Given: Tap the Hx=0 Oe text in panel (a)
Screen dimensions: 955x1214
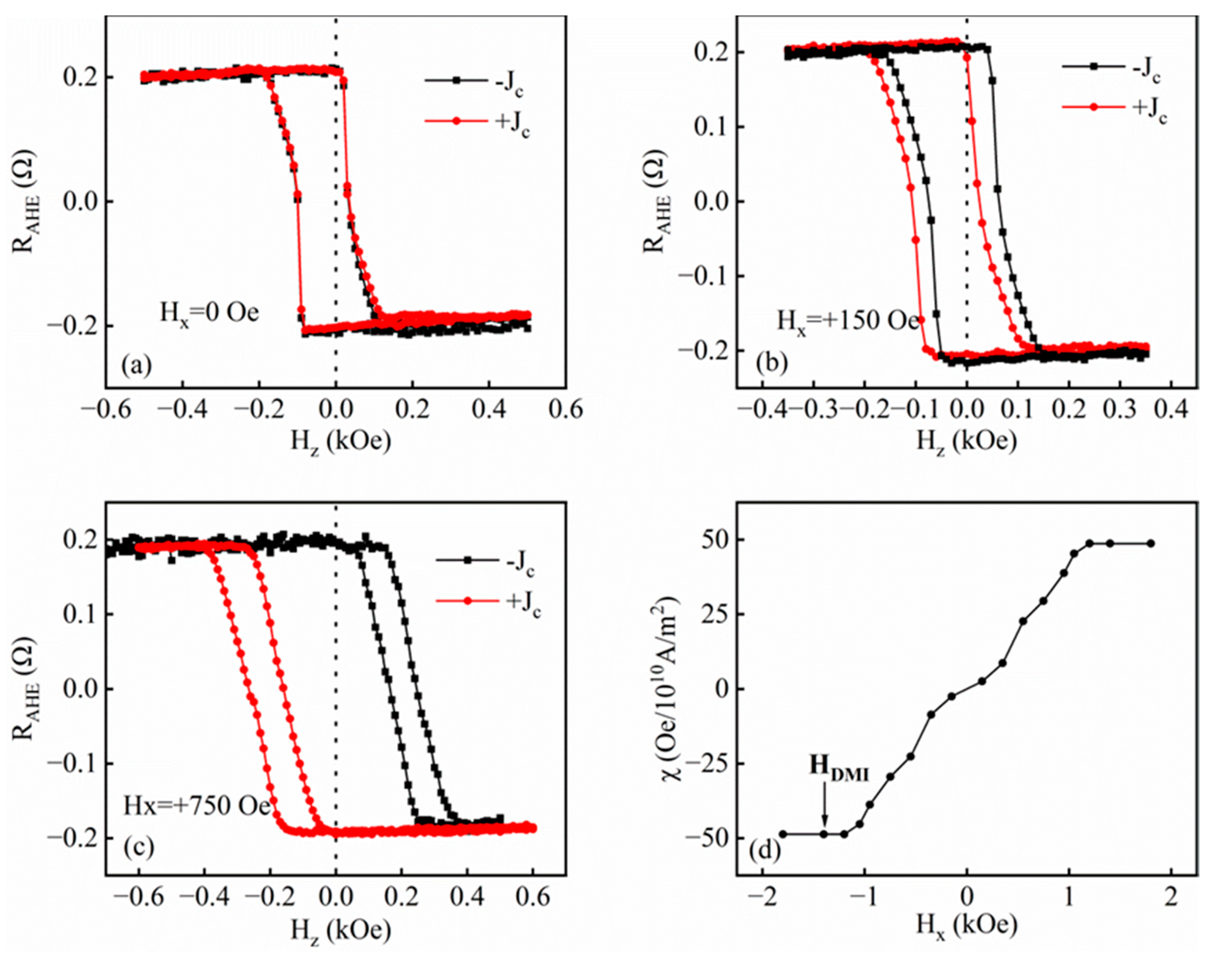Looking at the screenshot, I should (209, 313).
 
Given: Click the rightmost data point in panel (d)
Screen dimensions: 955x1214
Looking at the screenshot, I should (1151, 544).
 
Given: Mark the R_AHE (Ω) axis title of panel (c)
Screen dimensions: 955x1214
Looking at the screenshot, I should (28, 688).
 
